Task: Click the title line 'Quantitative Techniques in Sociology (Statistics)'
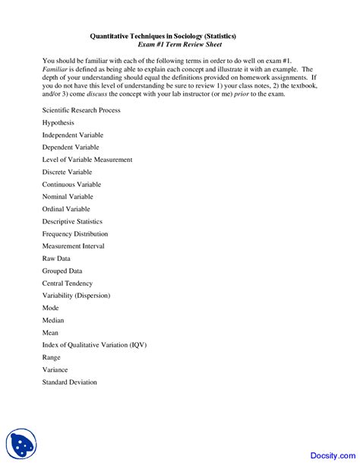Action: tap(163, 35)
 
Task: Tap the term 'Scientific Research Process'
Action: tap(81, 110)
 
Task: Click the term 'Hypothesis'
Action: tap(58, 122)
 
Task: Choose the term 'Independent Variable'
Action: tap(73, 135)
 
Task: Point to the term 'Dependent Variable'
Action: tap(71, 147)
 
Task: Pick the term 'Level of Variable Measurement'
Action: tap(87, 160)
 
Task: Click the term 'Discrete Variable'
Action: tap(67, 172)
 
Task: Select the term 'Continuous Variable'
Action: tap(71, 184)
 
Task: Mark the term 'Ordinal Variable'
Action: tap(66, 208)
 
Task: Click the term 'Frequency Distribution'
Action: tap(75, 233)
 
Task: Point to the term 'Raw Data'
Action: tap(56, 258)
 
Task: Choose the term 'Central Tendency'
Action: tap(68, 283)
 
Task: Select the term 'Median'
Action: tap(54, 320)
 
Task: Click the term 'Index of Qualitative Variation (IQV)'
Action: tap(94, 344)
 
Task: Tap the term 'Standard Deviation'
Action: tap(69, 382)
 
